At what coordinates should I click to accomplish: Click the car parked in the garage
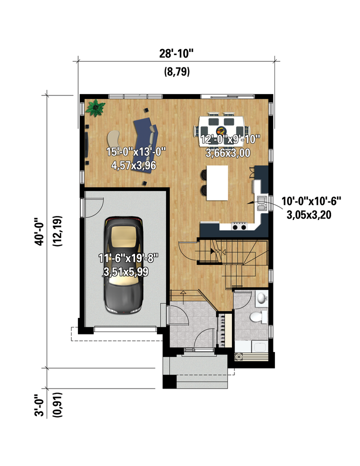click(123, 265)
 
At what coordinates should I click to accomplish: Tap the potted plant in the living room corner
click(95, 108)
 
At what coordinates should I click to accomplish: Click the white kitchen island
click(217, 183)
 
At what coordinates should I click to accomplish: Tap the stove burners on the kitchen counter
click(239, 226)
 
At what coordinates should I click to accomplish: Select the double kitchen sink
click(261, 203)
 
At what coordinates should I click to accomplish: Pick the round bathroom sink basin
click(261, 297)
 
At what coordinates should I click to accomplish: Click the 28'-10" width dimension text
click(176, 54)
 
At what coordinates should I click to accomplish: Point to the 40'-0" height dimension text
click(39, 231)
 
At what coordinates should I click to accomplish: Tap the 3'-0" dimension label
click(39, 405)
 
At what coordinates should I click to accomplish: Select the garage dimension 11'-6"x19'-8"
click(128, 258)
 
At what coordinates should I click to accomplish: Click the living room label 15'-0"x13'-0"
click(136, 152)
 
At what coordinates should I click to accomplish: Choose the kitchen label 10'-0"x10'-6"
click(311, 201)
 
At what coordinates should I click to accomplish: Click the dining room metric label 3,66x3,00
click(228, 153)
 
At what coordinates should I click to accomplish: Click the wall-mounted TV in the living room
click(86, 144)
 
